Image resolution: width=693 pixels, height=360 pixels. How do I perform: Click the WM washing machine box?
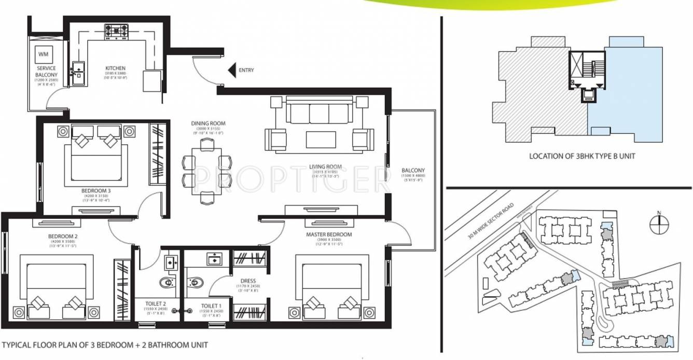(x=43, y=54)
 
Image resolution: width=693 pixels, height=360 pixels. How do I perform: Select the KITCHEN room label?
(x=116, y=68)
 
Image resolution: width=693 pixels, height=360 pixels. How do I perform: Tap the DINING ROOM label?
(x=208, y=124)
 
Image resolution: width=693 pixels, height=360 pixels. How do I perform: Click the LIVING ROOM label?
(x=324, y=167)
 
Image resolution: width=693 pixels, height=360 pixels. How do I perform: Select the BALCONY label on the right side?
(x=413, y=170)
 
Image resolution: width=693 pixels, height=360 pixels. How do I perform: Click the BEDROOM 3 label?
(x=96, y=190)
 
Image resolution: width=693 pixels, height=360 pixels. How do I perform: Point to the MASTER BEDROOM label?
(x=329, y=234)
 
